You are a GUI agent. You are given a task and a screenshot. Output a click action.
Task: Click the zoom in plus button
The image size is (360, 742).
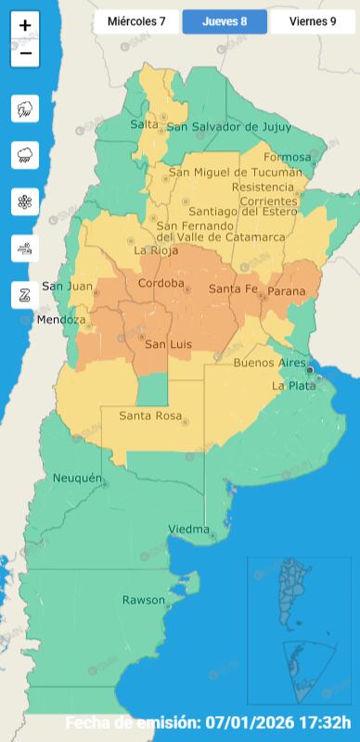tap(25, 26)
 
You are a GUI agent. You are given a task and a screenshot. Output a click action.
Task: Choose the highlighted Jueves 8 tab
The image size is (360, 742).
tap(224, 20)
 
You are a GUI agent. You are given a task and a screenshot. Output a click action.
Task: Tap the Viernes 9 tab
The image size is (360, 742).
tap(313, 20)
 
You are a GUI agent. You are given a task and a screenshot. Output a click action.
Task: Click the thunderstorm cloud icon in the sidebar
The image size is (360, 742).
tap(25, 109)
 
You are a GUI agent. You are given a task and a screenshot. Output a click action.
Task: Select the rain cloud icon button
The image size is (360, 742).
tap(25, 155)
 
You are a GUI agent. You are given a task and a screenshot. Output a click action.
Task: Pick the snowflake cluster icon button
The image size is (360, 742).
tap(25, 201)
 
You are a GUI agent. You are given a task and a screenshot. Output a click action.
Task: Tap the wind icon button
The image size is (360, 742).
tap(25, 248)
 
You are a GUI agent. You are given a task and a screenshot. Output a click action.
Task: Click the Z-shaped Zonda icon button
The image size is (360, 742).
tap(25, 294)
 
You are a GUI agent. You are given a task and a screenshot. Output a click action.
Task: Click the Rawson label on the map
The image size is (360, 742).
tap(143, 600)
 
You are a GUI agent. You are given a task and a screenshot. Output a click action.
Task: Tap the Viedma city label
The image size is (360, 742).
tap(188, 529)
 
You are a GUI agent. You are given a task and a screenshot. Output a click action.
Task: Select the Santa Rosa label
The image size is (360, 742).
tap(149, 416)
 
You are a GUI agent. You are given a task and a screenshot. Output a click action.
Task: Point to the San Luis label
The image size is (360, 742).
tap(170, 345)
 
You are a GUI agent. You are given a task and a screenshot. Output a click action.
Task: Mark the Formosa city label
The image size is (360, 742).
tap(285, 157)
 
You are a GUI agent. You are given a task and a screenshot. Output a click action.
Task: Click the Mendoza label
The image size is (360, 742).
tap(61, 320)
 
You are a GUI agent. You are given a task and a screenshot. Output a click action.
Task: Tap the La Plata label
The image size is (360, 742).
tap(290, 385)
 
